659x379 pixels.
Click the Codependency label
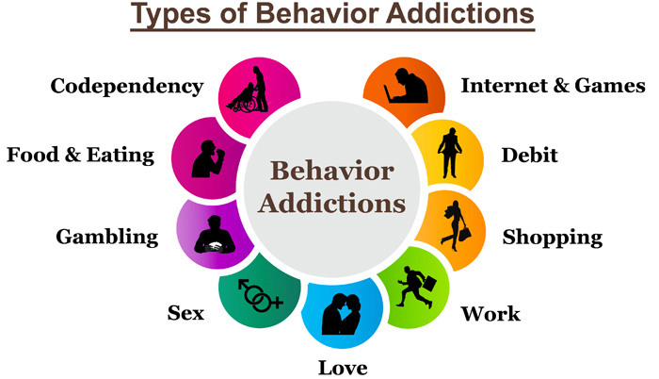tap(127, 87)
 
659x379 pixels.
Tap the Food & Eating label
tap(81, 155)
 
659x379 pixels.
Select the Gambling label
tap(106, 237)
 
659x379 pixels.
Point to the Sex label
tap(185, 313)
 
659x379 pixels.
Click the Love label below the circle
tap(343, 368)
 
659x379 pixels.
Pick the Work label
tap(490, 314)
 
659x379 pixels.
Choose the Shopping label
tap(553, 238)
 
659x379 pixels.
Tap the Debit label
tap(529, 155)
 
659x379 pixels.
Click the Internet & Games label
tap(554, 86)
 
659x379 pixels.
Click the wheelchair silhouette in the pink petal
tap(242, 100)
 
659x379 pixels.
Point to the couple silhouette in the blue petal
tap(341, 314)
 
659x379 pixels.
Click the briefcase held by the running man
tap(429, 283)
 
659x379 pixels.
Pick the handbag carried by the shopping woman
tap(464, 233)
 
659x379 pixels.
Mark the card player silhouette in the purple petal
tap(214, 235)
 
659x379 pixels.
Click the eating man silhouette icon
tap(208, 158)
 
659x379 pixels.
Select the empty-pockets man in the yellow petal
tap(450, 153)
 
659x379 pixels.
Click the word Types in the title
tap(170, 14)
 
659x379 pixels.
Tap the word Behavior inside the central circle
tap(332, 171)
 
